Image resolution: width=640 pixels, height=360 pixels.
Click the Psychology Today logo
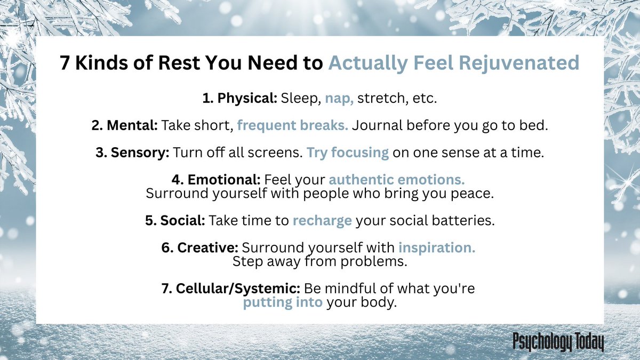point(557,342)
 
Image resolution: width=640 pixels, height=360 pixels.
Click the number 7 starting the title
point(65,63)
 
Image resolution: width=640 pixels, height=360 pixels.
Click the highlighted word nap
point(339,99)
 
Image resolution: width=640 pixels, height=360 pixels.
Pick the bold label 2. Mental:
point(124,125)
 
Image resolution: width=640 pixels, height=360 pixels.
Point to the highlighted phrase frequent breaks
point(293,125)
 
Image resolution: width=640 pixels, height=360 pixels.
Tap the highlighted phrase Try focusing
point(347,152)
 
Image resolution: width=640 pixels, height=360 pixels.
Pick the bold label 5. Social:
point(175,220)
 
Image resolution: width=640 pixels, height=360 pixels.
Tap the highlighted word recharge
point(322,220)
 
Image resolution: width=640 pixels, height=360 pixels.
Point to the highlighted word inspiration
point(437,247)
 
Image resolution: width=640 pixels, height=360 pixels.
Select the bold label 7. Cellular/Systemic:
point(231,289)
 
